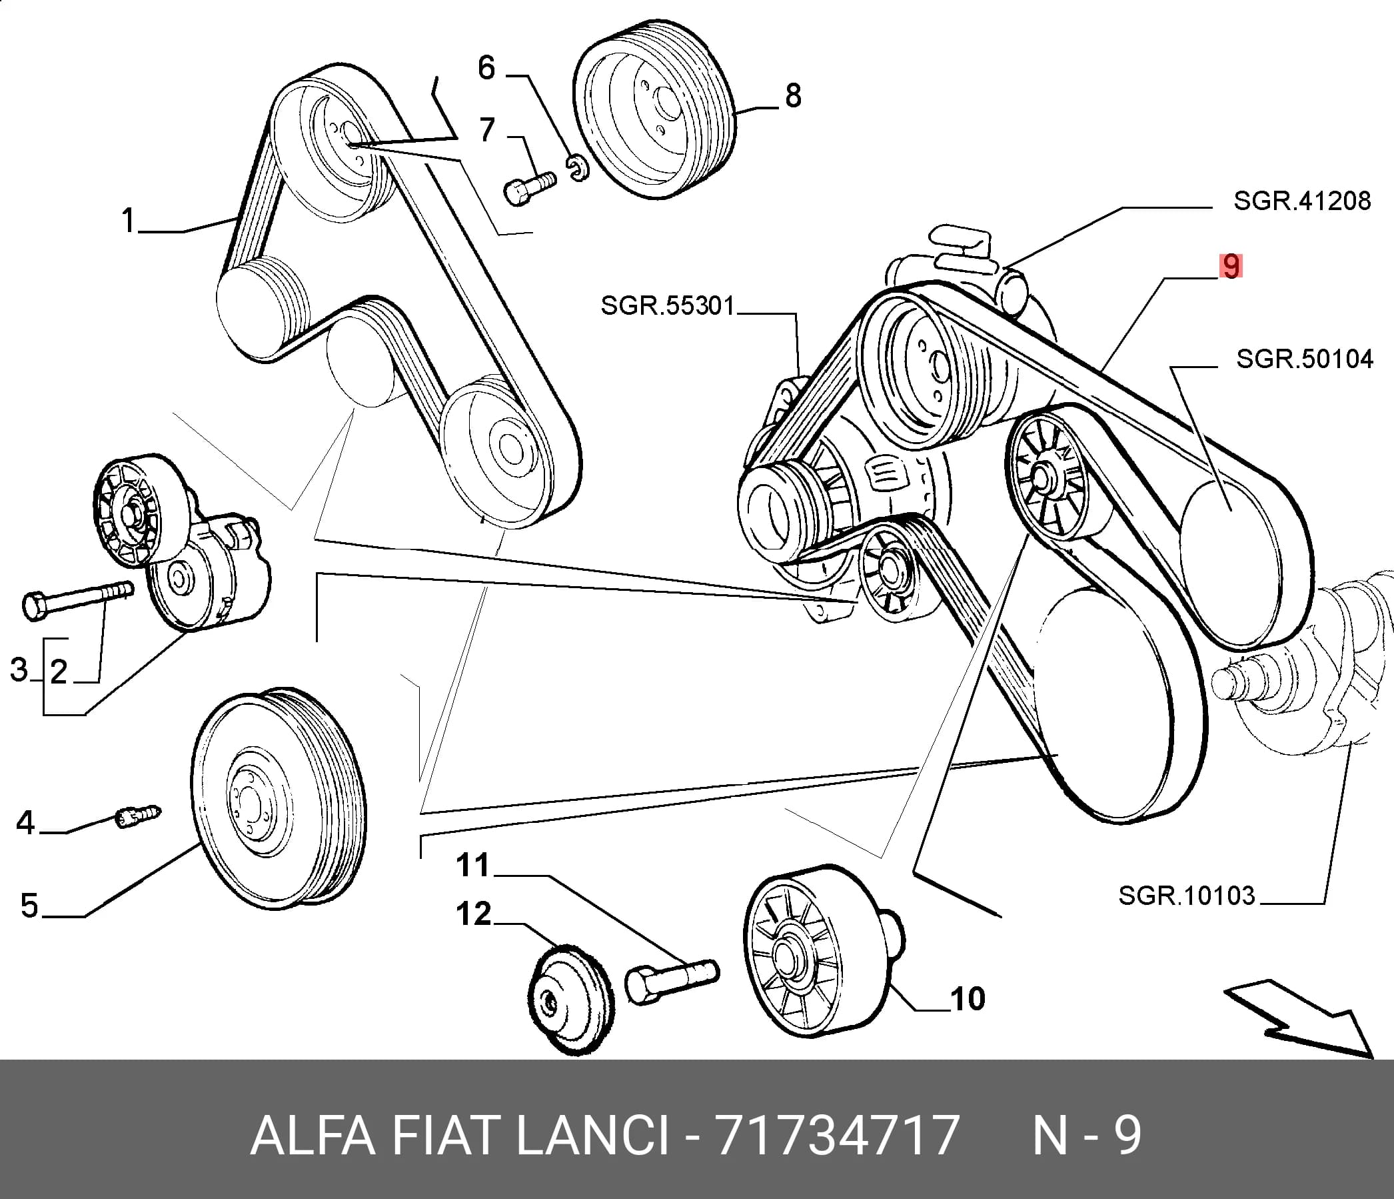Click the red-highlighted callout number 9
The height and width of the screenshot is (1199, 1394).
(x=1231, y=266)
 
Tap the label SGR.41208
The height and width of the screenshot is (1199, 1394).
(x=1302, y=201)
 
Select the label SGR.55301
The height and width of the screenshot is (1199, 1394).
(x=668, y=305)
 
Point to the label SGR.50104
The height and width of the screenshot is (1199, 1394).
(x=1305, y=359)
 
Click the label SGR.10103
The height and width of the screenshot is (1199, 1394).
(x=1187, y=896)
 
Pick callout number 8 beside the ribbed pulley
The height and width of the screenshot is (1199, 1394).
(x=793, y=95)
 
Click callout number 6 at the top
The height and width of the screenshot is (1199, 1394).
(x=486, y=68)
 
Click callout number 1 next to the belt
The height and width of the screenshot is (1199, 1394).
(x=128, y=221)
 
